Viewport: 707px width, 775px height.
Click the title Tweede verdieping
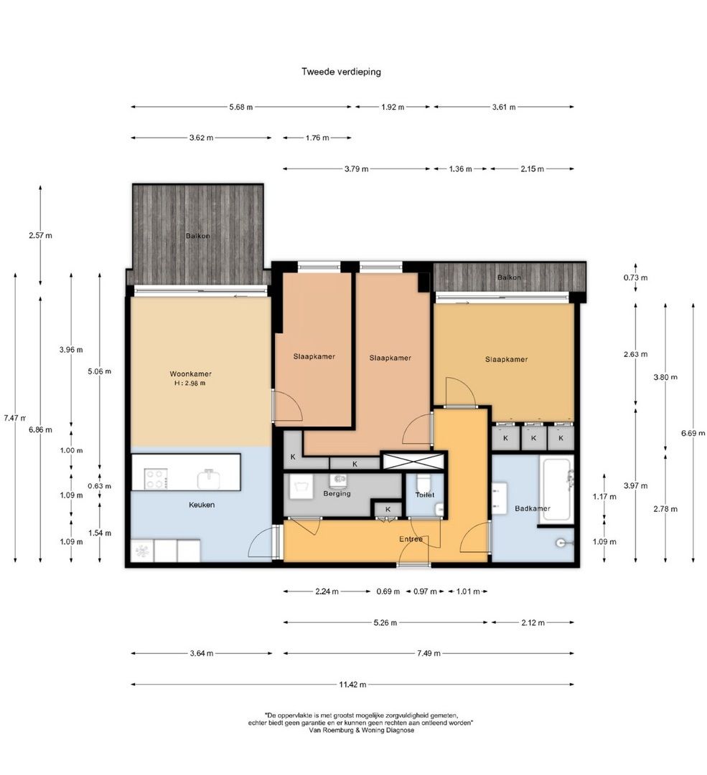coord(342,72)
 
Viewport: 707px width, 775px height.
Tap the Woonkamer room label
coord(190,374)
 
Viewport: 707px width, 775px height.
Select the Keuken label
coord(202,505)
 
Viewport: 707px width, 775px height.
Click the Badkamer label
coord(533,508)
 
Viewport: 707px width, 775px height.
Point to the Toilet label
coord(424,495)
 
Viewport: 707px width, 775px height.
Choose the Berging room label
coord(337,494)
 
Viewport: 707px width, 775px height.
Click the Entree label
coord(411,538)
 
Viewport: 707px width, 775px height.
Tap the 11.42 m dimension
coord(352,685)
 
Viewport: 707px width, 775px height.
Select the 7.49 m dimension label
coord(429,653)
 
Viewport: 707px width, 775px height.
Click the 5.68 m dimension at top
coord(241,107)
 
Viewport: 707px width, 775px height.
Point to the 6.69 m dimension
coord(693,433)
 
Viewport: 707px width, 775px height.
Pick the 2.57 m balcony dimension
coord(41,235)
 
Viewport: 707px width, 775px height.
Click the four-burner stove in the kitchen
coord(155,478)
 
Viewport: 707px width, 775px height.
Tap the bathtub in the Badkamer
coord(556,490)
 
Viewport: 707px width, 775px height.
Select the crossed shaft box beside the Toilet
coord(413,461)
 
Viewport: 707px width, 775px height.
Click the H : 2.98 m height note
coord(190,383)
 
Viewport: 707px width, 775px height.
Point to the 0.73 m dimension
coord(636,277)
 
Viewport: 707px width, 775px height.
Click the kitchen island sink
coord(210,478)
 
